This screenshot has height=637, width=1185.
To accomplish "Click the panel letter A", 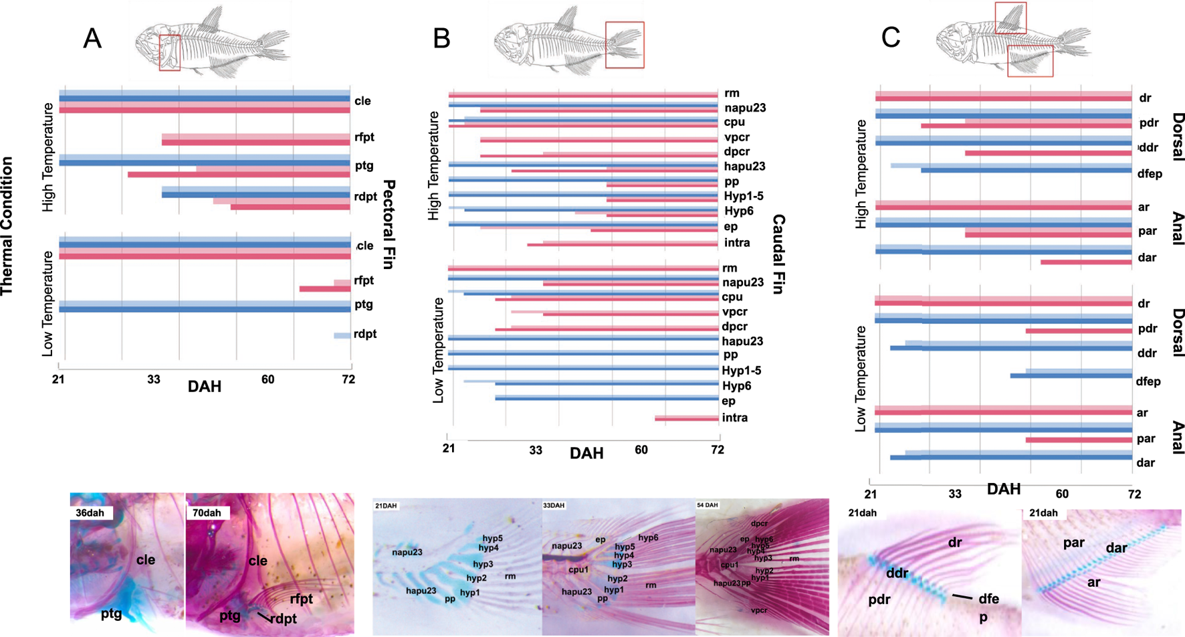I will click(x=92, y=38).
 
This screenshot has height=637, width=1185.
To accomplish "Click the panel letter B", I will click(x=441, y=38).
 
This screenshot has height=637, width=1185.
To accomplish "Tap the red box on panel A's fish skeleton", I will click(x=170, y=53).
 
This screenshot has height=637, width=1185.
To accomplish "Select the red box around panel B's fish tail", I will click(x=625, y=45).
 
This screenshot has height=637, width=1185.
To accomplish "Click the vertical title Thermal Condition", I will click(x=7, y=226).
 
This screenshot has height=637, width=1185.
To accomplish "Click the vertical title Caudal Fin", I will click(x=778, y=255).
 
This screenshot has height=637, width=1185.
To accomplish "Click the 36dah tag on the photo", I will click(x=90, y=513).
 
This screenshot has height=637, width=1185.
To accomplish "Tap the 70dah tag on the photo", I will click(x=207, y=513).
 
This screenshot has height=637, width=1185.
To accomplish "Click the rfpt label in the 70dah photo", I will click(x=302, y=599).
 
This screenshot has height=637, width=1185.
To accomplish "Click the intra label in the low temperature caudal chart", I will click(x=735, y=418).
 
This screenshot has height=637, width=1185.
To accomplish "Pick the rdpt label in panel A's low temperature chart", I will click(x=365, y=334).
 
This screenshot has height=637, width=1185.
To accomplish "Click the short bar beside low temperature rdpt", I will click(x=342, y=335).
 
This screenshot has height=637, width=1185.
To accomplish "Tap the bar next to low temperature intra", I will click(x=686, y=418).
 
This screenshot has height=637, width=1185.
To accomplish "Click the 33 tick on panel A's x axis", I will click(x=154, y=379).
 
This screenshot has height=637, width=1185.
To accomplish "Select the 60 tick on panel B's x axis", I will click(x=641, y=450).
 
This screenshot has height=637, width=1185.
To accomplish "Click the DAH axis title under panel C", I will click(x=1004, y=489).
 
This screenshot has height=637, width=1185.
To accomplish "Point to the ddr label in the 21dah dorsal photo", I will click(x=897, y=573).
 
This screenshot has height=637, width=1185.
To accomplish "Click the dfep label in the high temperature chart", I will click(x=1150, y=173).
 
